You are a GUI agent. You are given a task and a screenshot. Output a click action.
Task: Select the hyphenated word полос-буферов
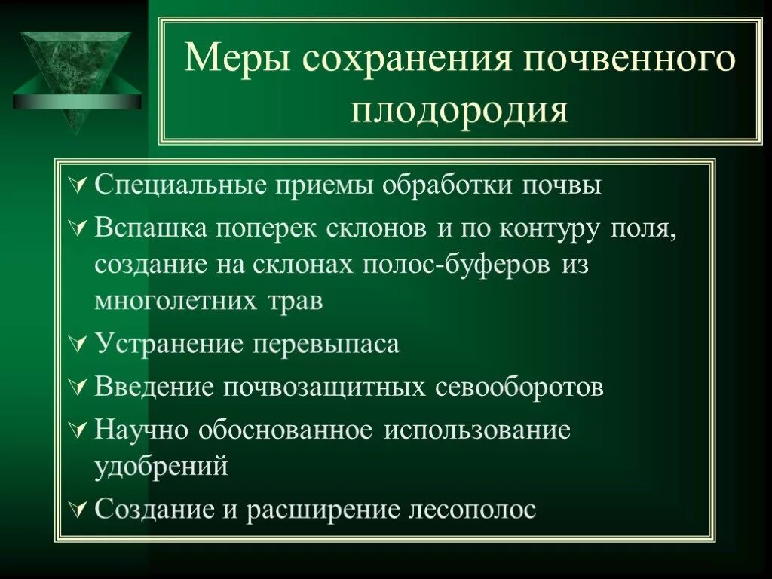[461, 265]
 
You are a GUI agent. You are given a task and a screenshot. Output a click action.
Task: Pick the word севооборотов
[519, 388]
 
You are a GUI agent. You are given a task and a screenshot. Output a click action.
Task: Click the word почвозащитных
[326, 388]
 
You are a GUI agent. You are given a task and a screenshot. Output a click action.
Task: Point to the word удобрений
[161, 467]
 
